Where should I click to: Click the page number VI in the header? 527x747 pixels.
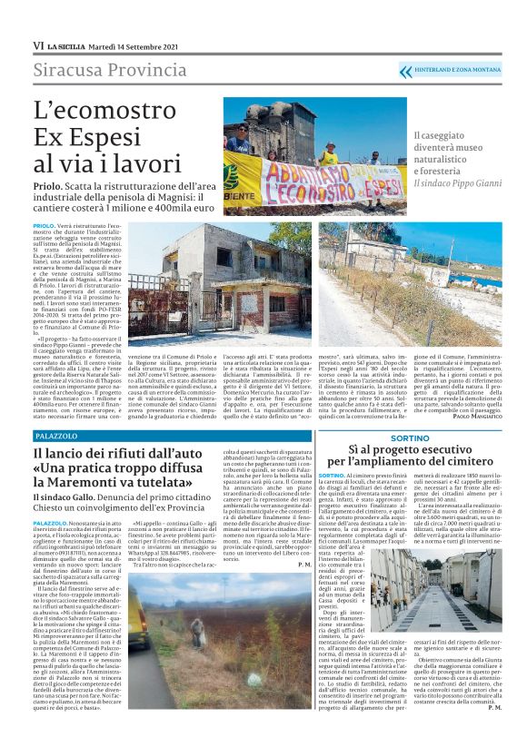(38, 44)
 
